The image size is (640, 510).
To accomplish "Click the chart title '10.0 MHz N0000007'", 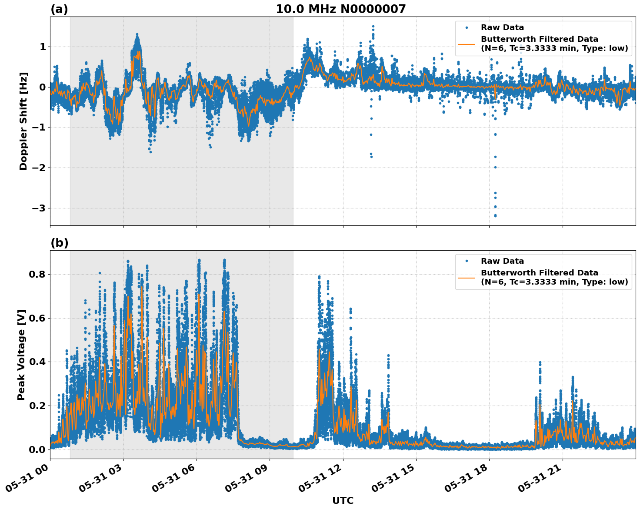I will [x=341, y=9].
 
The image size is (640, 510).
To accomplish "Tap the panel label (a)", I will [x=59, y=9].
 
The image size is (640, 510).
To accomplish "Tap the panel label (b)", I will [x=59, y=243].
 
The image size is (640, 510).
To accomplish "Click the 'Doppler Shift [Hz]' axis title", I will [x=23, y=121].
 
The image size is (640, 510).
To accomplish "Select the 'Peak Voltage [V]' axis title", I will [x=21, y=355].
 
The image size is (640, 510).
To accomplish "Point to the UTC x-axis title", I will [x=343, y=500].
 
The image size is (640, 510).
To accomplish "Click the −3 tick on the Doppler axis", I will [x=39, y=208].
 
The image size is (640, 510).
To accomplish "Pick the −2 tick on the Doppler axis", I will [x=39, y=168].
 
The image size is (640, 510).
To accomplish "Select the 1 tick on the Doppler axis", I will [x=43, y=47].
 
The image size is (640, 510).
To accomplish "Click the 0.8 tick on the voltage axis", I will [x=37, y=274].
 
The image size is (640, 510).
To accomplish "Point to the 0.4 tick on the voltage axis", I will [x=37, y=362].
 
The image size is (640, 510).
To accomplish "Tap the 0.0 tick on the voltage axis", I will [x=37, y=449].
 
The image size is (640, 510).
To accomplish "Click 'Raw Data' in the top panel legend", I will [x=502, y=27].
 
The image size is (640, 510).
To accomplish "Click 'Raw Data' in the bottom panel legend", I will [x=502, y=261].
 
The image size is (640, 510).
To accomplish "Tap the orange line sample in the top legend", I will [x=467, y=44].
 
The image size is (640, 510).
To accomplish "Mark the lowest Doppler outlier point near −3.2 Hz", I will [x=495, y=215].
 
